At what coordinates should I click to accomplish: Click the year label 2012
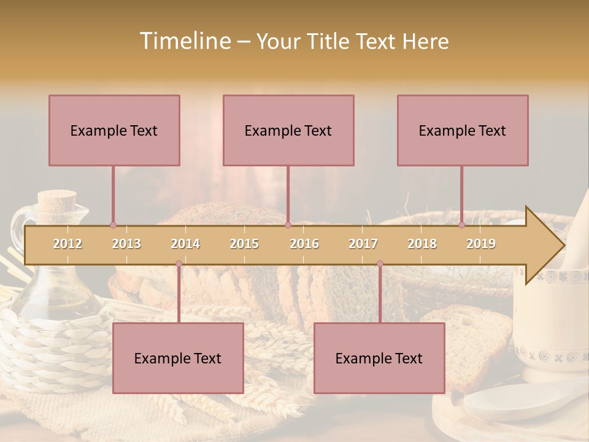[x=67, y=244]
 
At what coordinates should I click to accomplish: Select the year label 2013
[x=126, y=244]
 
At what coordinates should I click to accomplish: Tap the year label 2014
[x=185, y=244]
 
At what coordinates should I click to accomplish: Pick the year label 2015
[x=244, y=244]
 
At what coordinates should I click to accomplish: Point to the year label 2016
[x=304, y=244]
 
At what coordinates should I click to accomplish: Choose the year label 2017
[x=363, y=244]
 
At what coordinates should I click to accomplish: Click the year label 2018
[x=422, y=244]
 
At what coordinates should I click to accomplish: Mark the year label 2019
[x=481, y=244]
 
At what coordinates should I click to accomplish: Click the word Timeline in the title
[x=184, y=41]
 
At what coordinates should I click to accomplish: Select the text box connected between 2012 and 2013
[x=114, y=130]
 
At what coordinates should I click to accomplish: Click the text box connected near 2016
[x=288, y=130]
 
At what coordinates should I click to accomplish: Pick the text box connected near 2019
[x=463, y=130]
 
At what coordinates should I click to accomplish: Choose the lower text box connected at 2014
[x=178, y=358]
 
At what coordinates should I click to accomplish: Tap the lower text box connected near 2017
[x=379, y=358]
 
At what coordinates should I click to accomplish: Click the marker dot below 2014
[x=179, y=263]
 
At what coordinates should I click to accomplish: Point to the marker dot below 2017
[x=380, y=263]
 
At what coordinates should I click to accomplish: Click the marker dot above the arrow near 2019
[x=461, y=225]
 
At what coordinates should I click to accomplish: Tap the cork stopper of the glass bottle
[x=56, y=200]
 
